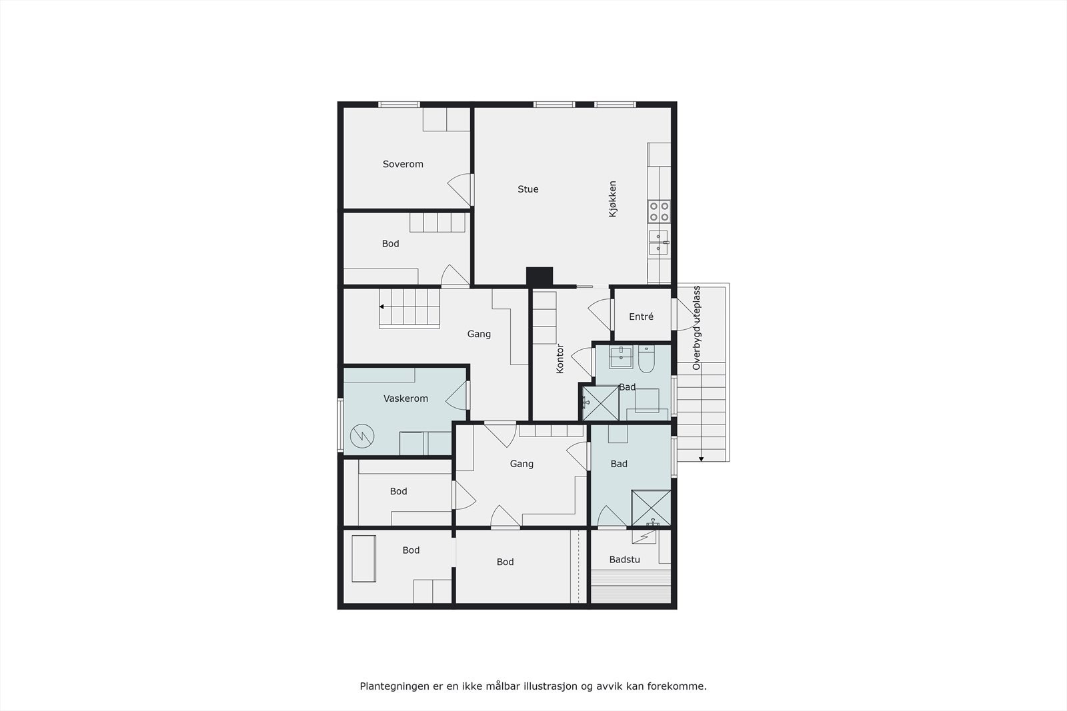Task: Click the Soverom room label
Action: pos(403,164)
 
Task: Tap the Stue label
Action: pos(527,189)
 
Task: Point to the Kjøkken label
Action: pos(612,199)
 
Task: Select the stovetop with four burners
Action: pos(659,212)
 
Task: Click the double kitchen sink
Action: pos(658,242)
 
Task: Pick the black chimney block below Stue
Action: pos(540,276)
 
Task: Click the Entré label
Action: pos(641,317)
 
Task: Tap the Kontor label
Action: pos(560,358)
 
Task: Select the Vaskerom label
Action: pos(405,398)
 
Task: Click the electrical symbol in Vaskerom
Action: pos(362,436)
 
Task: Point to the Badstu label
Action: pos(624,560)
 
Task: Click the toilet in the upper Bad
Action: pos(646,360)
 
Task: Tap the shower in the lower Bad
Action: pos(651,508)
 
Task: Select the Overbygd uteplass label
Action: pos(696,328)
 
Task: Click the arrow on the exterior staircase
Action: pos(701,458)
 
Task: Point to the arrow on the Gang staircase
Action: pos(381,307)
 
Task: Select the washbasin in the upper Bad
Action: pos(621,357)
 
